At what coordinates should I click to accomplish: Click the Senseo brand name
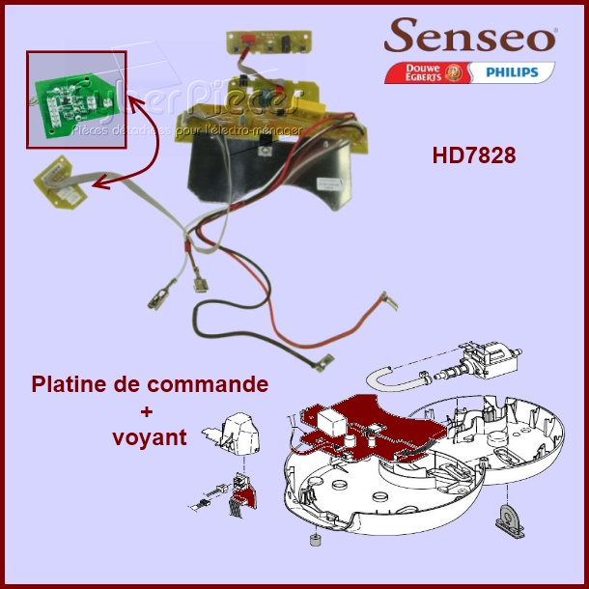coord(470,37)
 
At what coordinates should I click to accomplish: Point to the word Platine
coord(72,384)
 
